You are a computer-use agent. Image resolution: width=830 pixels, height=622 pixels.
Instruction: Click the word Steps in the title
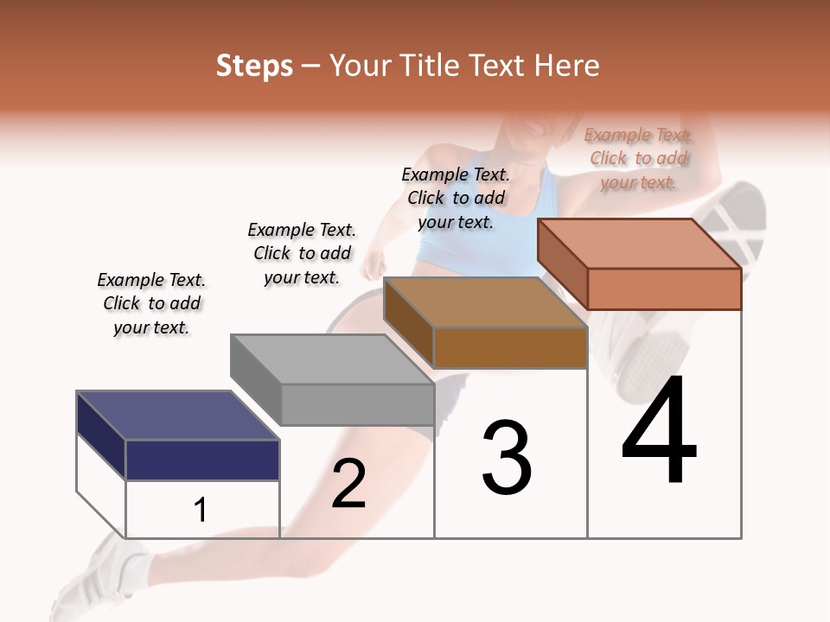(x=254, y=66)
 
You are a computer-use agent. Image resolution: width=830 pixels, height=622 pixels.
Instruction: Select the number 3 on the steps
(x=507, y=458)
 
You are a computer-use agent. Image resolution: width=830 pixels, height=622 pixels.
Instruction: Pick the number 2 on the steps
(x=348, y=484)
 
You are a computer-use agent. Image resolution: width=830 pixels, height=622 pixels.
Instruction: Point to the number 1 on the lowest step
(x=201, y=510)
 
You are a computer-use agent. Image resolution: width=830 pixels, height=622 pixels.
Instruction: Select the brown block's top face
(x=485, y=302)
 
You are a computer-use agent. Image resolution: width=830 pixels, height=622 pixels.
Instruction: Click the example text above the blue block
(x=151, y=303)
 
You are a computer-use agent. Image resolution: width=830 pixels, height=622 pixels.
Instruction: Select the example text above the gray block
(x=302, y=253)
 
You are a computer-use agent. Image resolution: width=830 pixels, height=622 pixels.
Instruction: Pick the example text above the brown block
(x=456, y=198)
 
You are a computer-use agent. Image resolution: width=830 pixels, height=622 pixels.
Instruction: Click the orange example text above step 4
(x=638, y=158)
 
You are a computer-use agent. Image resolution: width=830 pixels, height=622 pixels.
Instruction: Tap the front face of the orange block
(x=664, y=289)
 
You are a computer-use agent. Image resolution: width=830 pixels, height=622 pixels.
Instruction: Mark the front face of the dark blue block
(x=202, y=460)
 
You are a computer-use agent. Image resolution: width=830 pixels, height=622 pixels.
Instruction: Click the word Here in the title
(x=567, y=66)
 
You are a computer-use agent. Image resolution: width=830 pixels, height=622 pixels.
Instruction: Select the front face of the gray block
(x=357, y=404)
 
